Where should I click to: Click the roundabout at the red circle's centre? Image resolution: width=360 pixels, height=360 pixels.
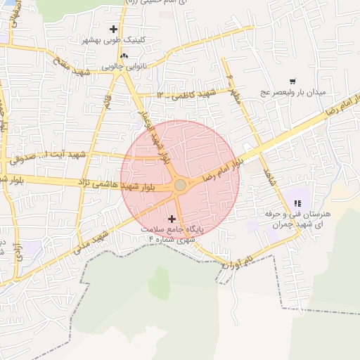pos(180,185)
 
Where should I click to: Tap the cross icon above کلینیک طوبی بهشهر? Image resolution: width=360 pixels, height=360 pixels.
pos(114,29)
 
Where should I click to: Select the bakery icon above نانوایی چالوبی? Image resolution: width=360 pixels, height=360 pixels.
pos(124,55)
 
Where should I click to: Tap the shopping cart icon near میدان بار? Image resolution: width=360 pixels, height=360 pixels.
pos(292,81)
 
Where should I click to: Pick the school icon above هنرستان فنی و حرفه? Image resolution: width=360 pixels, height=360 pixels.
pos(297,203)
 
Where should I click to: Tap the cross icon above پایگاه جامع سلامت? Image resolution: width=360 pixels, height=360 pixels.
pos(172,219)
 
